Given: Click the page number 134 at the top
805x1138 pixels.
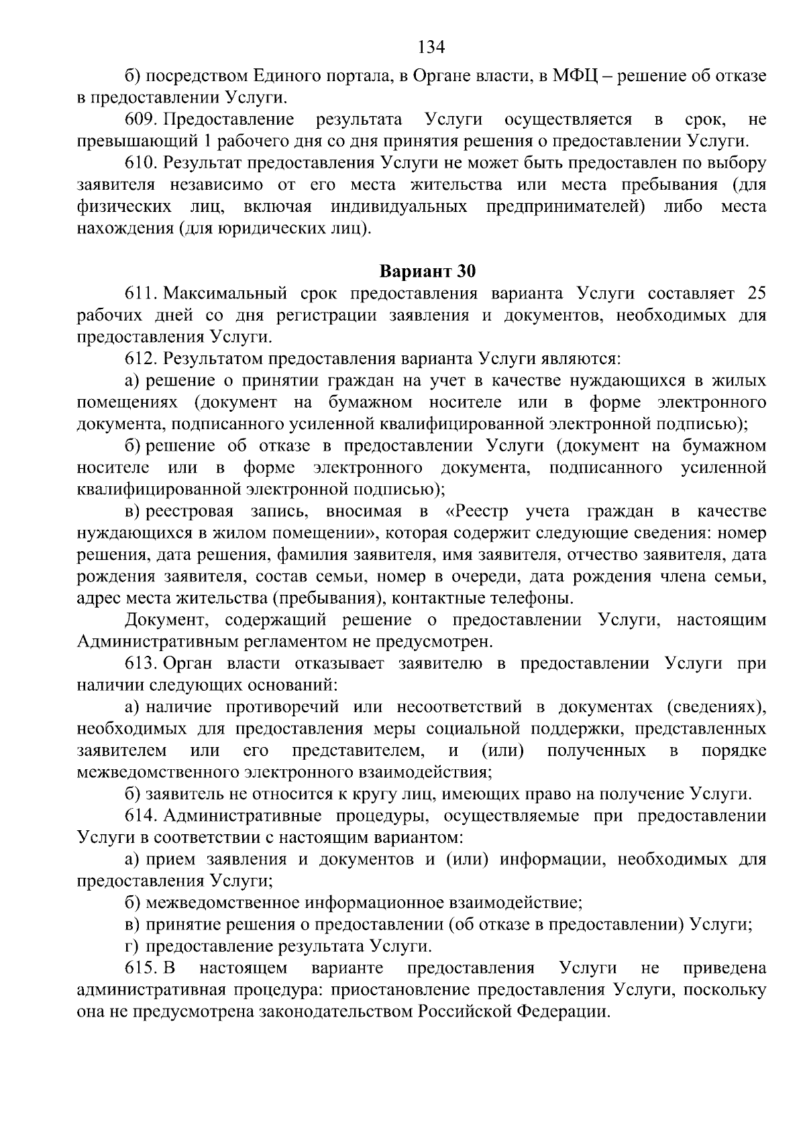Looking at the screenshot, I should pos(431,46).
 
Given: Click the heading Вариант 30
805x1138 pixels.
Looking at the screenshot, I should pos(428,272).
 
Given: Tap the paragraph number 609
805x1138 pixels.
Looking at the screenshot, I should pos(140,120).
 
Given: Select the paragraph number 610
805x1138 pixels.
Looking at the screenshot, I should pos(140,164).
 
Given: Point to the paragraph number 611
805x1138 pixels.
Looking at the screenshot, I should pos(140,294).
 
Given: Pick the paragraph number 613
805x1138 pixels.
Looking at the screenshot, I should pos(140,663).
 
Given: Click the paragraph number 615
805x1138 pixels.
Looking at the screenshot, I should pos(140,968).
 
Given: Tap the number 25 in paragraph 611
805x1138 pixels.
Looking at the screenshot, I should pos(756,294).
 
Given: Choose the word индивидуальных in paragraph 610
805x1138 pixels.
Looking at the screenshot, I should pos(399,207).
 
